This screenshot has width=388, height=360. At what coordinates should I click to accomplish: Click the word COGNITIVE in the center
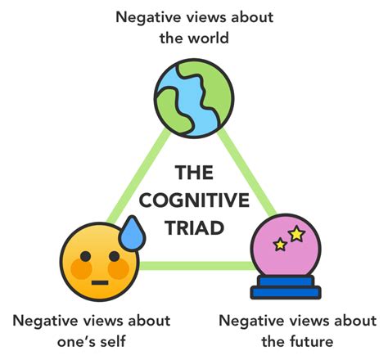tap(194, 200)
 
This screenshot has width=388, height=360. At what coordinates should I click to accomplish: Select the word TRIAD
tap(194, 226)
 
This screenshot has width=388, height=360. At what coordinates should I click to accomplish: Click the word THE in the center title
tap(194, 173)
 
